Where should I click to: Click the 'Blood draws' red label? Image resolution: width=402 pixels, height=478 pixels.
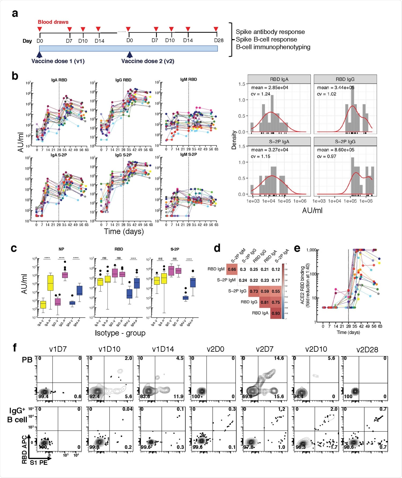53,22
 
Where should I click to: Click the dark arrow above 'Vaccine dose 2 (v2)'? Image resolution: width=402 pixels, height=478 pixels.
130,55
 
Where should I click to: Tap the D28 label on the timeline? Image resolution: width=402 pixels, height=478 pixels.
219,40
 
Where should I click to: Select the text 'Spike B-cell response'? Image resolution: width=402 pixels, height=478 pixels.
266,39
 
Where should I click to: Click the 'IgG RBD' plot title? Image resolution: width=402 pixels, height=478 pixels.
123,80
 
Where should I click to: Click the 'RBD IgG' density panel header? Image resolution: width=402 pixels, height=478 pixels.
345,79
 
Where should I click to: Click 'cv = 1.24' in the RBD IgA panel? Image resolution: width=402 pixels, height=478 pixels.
260,94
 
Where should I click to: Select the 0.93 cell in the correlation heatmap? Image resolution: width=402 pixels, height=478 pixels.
276,313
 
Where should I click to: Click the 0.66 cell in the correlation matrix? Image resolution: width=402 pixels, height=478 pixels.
232,269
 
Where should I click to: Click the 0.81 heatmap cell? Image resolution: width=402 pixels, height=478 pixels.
265,302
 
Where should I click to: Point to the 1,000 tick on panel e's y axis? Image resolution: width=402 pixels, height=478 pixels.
311,250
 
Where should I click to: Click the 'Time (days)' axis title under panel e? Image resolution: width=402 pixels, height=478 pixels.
348,332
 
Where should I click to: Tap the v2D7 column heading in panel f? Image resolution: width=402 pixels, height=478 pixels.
265,349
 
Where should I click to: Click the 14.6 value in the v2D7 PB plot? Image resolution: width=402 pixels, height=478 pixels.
279,358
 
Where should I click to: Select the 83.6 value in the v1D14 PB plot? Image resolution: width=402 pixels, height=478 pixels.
145,396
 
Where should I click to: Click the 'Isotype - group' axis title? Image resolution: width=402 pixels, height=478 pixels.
120,333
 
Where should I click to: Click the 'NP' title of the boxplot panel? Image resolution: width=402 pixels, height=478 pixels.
61,249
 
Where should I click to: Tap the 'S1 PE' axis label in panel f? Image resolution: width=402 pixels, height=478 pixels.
39,462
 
